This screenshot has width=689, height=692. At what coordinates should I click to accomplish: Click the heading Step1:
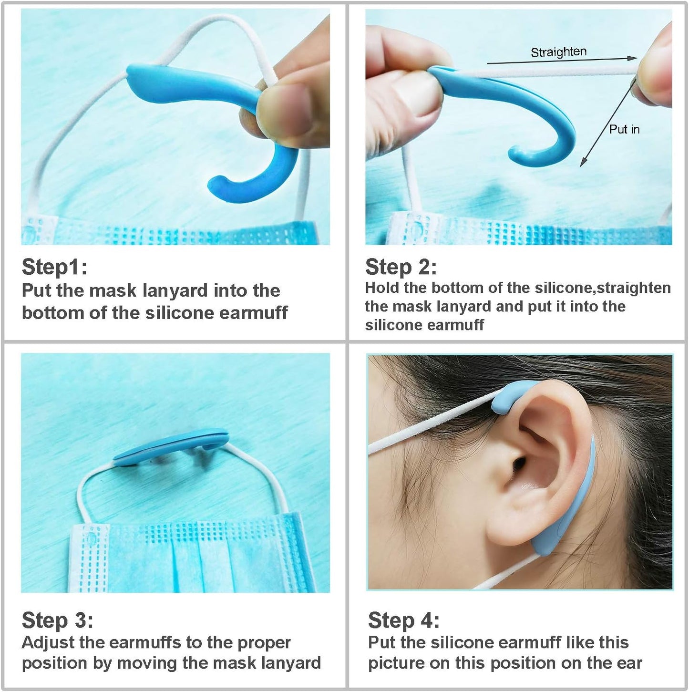point(54,267)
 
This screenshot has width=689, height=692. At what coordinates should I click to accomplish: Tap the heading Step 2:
point(401,267)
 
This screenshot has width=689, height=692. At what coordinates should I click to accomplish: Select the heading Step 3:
point(57,620)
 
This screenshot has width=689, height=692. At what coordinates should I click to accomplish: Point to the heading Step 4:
point(403,620)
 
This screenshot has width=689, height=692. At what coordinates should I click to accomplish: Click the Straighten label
point(558,52)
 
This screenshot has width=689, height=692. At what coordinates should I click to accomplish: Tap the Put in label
point(624,129)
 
